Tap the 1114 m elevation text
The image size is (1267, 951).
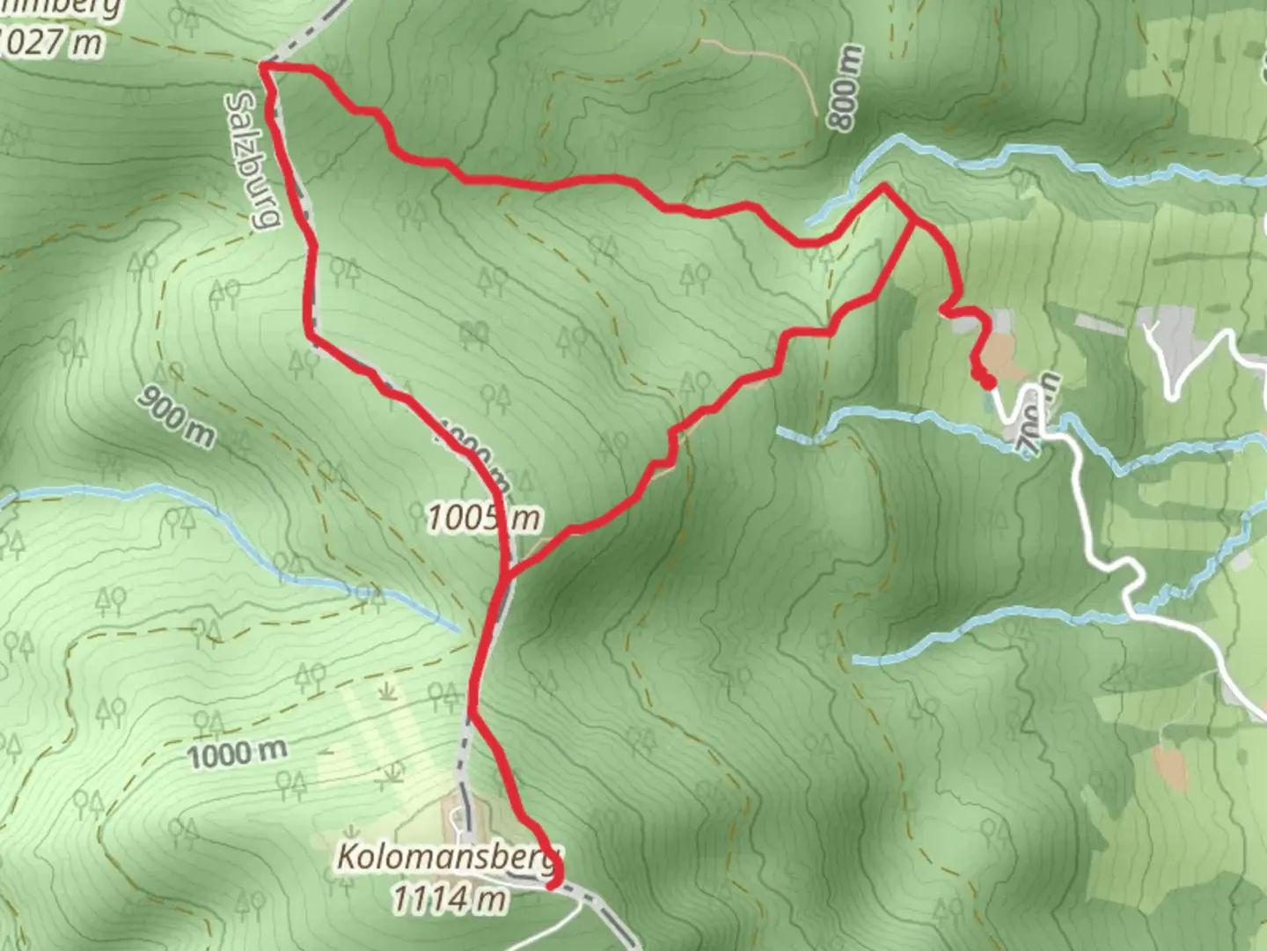449,900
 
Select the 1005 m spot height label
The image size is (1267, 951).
483,518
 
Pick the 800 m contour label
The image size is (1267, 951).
844,88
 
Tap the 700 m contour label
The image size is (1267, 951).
1039,414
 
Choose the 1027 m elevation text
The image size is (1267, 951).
53,42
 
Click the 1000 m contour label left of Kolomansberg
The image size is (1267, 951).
238,753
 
